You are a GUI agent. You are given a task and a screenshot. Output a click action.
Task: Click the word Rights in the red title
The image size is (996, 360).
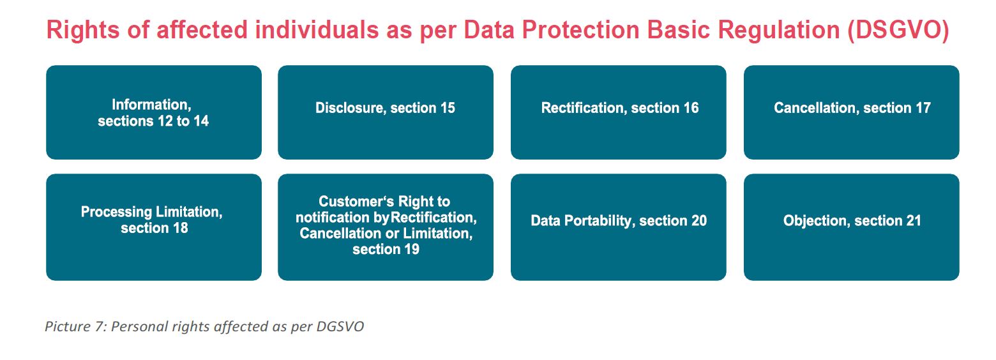point(83,30)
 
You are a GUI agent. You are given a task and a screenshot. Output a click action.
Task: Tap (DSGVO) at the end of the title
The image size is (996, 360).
point(898,30)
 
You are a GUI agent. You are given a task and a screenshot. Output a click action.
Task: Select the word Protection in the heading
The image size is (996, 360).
point(580,30)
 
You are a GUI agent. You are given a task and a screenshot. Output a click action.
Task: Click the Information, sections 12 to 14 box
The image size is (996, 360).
point(154,112)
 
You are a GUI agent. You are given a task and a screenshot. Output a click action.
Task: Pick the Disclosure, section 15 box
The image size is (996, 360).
point(386,112)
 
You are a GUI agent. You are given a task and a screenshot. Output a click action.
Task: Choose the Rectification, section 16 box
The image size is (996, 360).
point(619,112)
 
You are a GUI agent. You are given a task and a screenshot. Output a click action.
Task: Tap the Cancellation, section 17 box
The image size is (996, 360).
point(852,112)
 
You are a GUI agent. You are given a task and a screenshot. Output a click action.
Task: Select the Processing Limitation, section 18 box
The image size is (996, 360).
point(154,227)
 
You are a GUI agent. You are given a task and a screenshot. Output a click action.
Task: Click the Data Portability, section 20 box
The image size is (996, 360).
point(619,227)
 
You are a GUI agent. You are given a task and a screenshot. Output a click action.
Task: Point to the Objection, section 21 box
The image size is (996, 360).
point(852,227)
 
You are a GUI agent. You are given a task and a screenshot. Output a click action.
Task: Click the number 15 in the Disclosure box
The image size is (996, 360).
point(448,108)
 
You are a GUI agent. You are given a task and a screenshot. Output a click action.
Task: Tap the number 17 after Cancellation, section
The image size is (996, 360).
point(923,108)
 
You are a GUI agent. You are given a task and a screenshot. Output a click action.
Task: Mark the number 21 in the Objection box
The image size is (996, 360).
point(914,221)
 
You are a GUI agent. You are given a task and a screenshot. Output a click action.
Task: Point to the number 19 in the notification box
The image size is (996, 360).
point(412,250)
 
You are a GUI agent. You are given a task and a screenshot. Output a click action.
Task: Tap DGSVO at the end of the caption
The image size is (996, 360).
point(340,327)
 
